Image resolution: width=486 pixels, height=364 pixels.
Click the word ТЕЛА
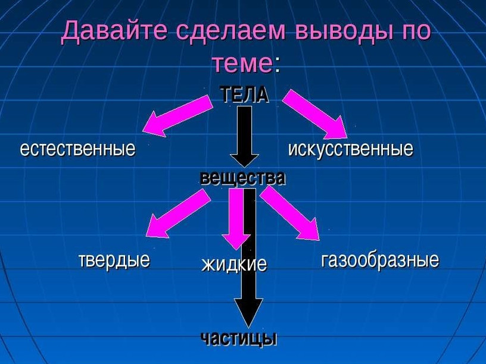point(244,94)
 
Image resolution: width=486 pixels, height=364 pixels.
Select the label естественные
point(78,149)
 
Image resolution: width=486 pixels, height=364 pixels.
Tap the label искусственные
point(351,149)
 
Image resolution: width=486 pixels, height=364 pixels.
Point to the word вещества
point(242,178)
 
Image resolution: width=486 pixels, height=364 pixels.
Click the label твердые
point(114,260)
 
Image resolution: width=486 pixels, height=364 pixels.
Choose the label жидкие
point(234,264)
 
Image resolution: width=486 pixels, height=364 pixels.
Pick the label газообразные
point(380,260)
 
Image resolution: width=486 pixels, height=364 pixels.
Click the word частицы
point(239,338)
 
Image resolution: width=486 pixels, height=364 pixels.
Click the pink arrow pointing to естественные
point(177,115)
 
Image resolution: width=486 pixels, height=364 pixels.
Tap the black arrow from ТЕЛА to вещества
point(245,137)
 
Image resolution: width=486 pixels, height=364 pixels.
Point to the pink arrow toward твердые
point(177,214)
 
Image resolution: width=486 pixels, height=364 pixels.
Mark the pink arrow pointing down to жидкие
point(236,219)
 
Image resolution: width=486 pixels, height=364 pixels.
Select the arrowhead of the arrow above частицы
point(248,312)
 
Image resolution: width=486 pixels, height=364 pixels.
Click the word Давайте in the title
point(114,31)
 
